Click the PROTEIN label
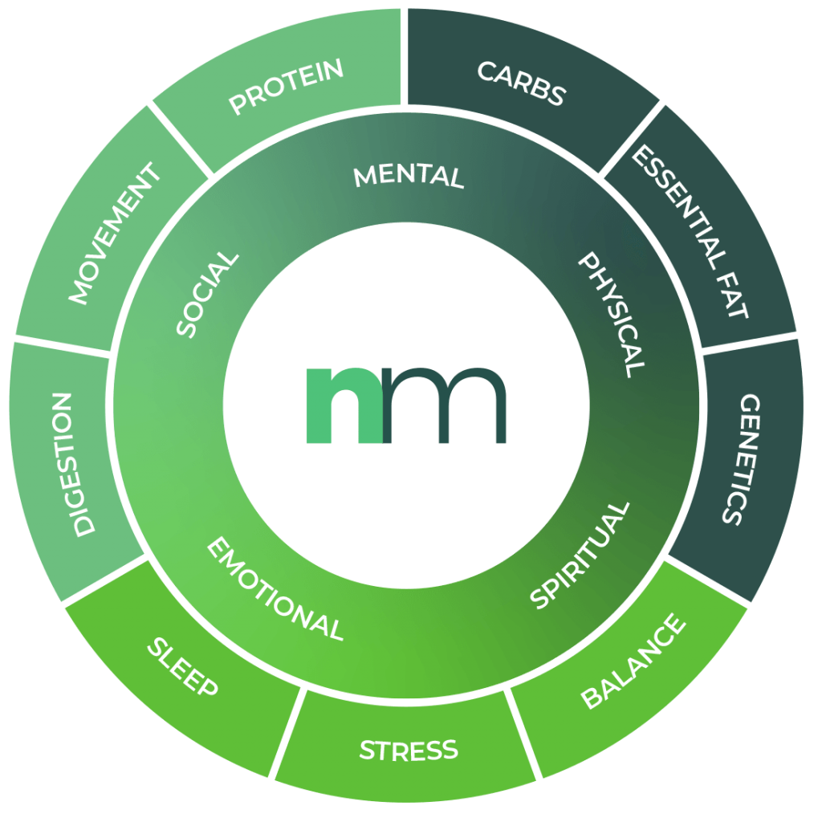287,87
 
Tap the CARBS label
522,83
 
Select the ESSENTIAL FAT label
690,231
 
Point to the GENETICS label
741,459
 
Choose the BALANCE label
633,661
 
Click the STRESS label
409,751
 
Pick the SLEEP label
182,667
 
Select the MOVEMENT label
115,233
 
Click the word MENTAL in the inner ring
409,177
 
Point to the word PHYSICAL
611,315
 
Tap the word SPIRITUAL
580,555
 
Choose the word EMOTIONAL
275,588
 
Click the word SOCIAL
207,295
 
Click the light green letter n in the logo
344,405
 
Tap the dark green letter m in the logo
445,405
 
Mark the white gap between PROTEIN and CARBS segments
405,57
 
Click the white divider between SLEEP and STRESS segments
287,732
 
